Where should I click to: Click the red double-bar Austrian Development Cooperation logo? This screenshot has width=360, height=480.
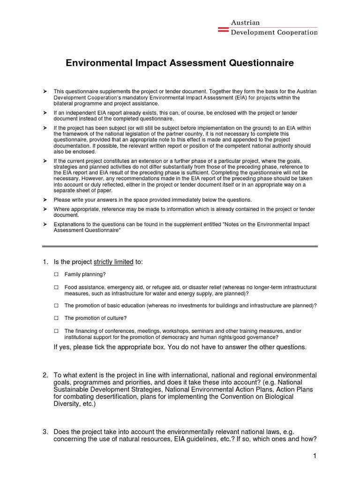pyautogui.click(x=223, y=29)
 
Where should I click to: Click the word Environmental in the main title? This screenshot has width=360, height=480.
pyautogui.click(x=101, y=63)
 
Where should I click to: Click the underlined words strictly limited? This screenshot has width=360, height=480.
pyautogui.click(x=113, y=262)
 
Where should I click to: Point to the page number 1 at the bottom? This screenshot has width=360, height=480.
pyautogui.click(x=315, y=456)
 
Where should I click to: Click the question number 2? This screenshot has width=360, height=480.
pyautogui.click(x=45, y=375)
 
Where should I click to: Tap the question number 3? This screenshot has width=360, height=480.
pyautogui.click(x=45, y=432)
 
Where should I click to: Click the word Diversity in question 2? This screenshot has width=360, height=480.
pyautogui.click(x=68, y=404)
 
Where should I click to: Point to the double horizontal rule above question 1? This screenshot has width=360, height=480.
pyautogui.click(x=180, y=246)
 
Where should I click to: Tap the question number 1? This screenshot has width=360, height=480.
pyautogui.click(x=45, y=262)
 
